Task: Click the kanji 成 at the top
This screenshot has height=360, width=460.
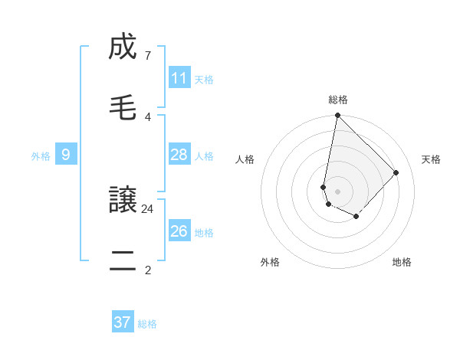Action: tap(122, 48)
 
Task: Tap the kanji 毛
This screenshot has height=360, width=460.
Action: tap(122, 109)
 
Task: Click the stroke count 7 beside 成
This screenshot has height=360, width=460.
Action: tap(147, 56)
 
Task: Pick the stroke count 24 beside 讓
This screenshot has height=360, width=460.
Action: tap(147, 208)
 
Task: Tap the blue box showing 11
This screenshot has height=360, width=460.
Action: tap(179, 78)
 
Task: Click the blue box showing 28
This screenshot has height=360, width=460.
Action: tap(179, 155)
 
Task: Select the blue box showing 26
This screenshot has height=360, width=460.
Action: tap(179, 231)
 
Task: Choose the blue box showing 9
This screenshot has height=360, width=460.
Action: tap(66, 155)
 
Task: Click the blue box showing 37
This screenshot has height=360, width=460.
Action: tap(123, 322)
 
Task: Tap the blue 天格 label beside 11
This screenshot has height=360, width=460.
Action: tap(204, 79)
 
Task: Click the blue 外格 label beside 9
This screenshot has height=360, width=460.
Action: tap(41, 155)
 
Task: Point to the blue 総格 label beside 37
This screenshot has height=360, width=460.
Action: tap(147, 323)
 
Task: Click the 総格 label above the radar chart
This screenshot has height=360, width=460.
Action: tap(338, 100)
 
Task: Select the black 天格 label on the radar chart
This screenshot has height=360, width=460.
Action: tap(432, 159)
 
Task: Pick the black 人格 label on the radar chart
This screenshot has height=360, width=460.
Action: tap(245, 159)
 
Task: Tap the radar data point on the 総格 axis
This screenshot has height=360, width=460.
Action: tap(337, 116)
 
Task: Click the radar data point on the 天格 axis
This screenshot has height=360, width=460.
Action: tap(396, 172)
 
